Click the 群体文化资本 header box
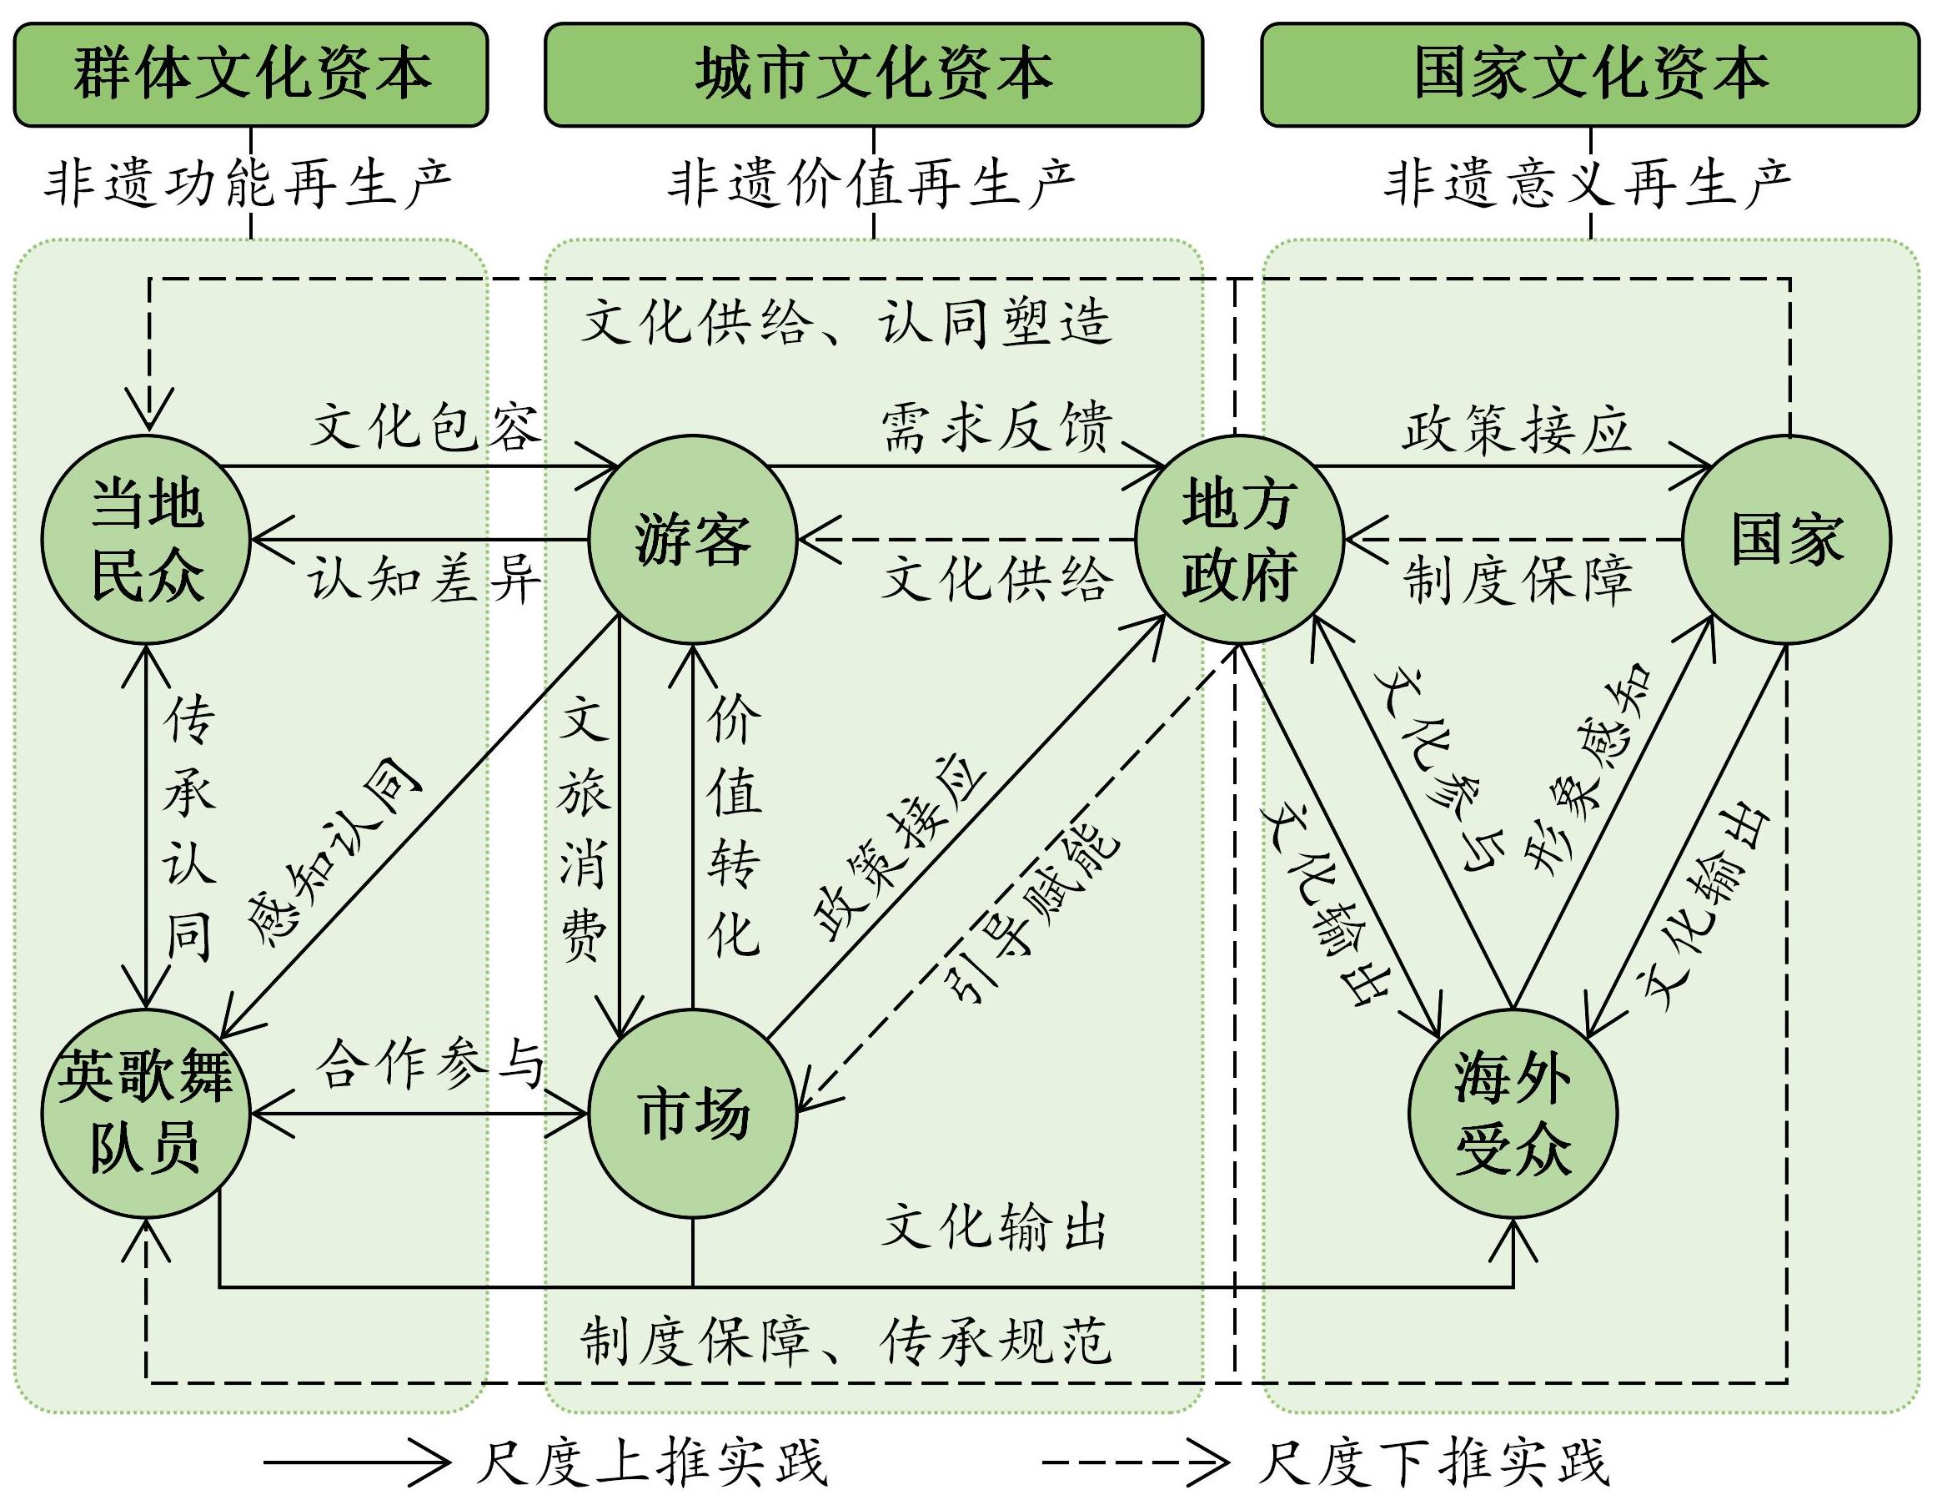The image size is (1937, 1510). coord(251,74)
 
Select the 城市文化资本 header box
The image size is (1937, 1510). coord(874,74)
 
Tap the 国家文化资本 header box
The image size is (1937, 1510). coord(1590,74)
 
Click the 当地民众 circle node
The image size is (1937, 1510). coord(147,540)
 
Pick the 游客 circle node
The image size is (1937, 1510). coord(694,540)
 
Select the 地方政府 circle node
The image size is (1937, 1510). coord(1239,540)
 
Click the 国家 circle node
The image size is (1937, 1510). coord(1786,540)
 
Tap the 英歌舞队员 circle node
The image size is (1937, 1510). coord(147,1114)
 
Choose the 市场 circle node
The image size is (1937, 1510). coord(694,1114)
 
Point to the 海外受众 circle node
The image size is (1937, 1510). coord(1513,1114)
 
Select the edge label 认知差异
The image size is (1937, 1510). coord(424,581)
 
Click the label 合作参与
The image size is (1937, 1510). coord(430,1065)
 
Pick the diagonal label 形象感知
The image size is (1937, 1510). coord(1588,772)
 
